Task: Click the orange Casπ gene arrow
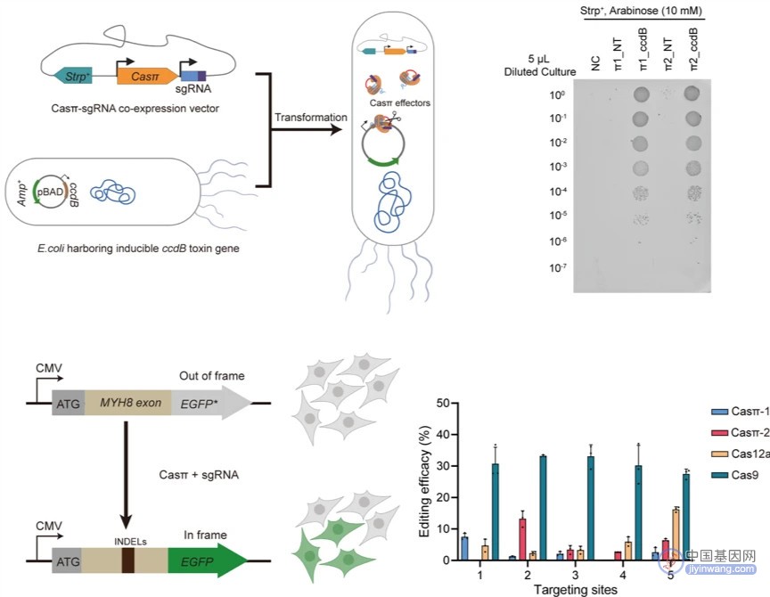pos(147,76)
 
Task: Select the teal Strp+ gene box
pos(74,76)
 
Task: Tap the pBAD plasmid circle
pos(50,192)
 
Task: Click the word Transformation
pos(310,118)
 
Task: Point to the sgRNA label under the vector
pos(193,89)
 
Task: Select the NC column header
pos(595,63)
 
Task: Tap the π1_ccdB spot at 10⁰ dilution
pos(641,94)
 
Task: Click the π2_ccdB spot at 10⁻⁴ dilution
pos(693,193)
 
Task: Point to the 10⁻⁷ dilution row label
pos(558,267)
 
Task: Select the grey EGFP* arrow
pos(211,404)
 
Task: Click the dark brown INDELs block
pos(128,560)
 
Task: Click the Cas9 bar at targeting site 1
pos(495,511)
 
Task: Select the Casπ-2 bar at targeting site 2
pos(522,539)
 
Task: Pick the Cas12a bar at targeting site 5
pos(676,535)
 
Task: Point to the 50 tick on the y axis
pos(443,403)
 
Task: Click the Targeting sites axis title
pos(575,589)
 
